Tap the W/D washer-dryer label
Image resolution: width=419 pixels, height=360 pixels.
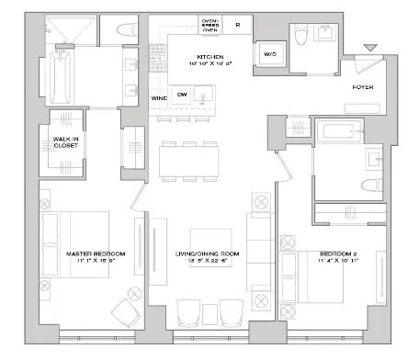tap(273, 51)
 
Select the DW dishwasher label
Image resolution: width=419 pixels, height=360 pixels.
tap(183, 93)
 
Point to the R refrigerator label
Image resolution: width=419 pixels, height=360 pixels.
tap(237, 25)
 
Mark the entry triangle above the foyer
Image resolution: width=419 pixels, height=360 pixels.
tap(369, 49)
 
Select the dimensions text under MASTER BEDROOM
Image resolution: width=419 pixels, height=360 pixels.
tap(88, 261)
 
